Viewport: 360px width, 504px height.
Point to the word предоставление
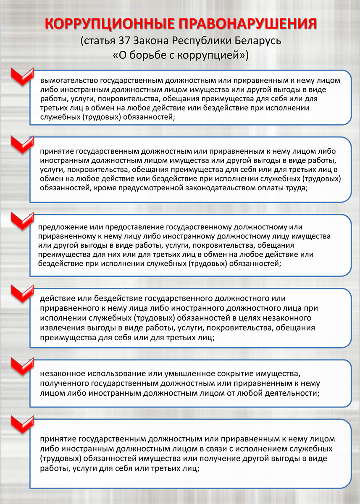(x=129, y=227)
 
